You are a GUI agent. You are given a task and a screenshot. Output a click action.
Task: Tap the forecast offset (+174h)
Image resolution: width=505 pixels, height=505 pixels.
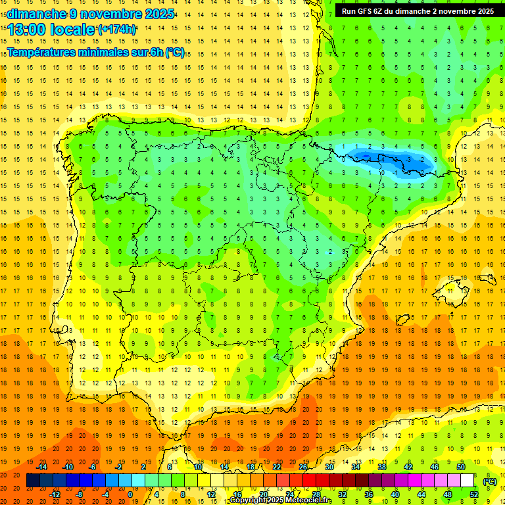click(x=117, y=30)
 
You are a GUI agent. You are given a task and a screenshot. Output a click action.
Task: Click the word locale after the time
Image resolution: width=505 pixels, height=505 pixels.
click(x=72, y=30)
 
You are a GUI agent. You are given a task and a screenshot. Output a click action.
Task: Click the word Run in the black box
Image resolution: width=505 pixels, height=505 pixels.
click(x=350, y=11)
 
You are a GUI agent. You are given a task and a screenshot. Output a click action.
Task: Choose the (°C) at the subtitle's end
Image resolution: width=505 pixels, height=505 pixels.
click(x=175, y=53)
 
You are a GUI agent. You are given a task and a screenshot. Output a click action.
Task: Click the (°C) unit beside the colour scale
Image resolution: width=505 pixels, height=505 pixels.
click(x=490, y=481)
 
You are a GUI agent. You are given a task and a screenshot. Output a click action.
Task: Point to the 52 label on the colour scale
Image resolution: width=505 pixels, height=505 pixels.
click(x=474, y=494)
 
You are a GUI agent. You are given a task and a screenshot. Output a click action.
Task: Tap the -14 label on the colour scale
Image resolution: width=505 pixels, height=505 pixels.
click(x=41, y=467)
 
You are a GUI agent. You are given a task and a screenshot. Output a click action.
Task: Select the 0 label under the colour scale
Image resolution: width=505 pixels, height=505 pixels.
click(x=130, y=494)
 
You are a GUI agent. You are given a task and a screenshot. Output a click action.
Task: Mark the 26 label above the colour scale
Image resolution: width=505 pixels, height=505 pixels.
click(x=303, y=467)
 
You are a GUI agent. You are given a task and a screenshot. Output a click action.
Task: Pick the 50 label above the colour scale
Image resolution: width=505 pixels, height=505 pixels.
click(x=461, y=467)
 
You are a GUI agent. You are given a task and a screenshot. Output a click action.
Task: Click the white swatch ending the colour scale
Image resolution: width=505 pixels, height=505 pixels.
click(x=468, y=481)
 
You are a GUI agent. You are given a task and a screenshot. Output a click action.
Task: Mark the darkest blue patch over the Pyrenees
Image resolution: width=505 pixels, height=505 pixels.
click(x=368, y=156)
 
